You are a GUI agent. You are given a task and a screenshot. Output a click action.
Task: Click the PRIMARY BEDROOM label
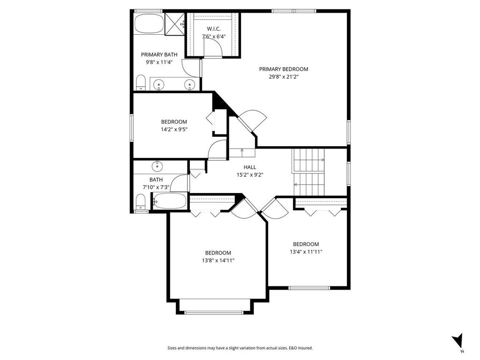[284, 69]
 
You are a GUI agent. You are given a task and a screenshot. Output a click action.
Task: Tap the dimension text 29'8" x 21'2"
[284, 76]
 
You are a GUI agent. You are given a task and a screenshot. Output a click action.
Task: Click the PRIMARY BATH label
[159, 54]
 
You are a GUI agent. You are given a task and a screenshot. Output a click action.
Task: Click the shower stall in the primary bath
[175, 23]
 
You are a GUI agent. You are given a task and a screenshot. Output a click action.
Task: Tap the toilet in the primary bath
[140, 83]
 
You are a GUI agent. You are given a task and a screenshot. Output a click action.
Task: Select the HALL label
[250, 167]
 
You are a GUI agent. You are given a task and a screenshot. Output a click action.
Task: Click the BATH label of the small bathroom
[156, 180]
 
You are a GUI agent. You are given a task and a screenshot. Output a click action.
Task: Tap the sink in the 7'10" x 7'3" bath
[157, 166]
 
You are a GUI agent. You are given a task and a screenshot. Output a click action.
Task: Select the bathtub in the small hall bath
[170, 202]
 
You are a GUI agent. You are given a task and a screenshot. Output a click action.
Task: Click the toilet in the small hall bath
[140, 202]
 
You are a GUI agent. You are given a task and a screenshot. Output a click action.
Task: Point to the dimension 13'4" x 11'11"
[306, 252]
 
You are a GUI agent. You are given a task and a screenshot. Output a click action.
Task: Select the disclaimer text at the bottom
[240, 348]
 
